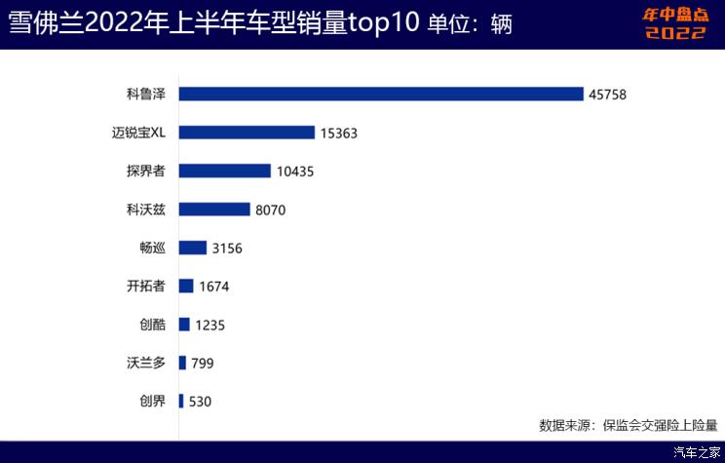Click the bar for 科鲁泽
[x=381, y=95]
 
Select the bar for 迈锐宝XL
[x=247, y=133]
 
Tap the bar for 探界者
[x=224, y=171]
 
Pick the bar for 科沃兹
[x=214, y=210]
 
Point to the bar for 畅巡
[x=193, y=248]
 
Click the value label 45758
[x=608, y=95]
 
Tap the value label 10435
[x=295, y=172]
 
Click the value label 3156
[x=226, y=249]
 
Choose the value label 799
[x=202, y=364]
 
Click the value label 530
[x=200, y=402]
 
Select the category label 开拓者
[x=146, y=287]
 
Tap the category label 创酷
[x=153, y=325]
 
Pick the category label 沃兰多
[x=146, y=363]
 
